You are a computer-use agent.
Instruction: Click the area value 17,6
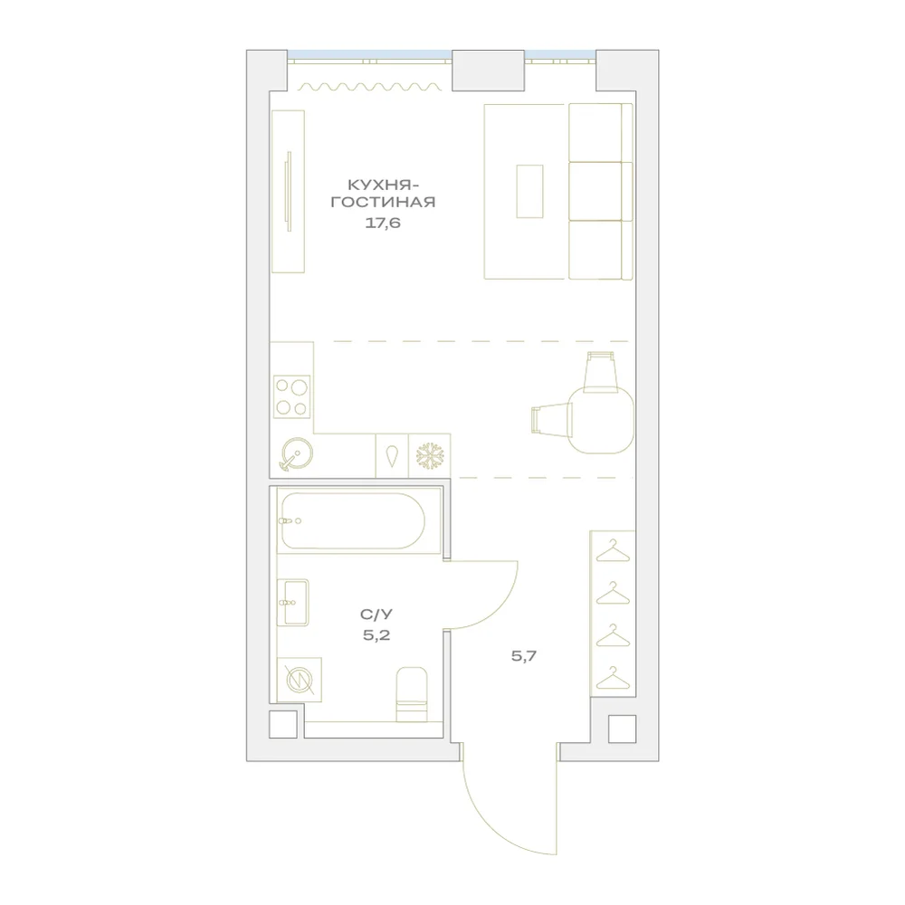point(383,223)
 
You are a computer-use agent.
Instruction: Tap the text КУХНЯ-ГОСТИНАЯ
point(383,194)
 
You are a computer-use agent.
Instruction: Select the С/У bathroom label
point(376,614)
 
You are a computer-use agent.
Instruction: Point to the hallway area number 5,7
point(524,655)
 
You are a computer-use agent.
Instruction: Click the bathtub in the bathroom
point(353,521)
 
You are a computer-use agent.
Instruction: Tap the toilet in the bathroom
point(412,694)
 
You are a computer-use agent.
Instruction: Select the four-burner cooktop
point(291,397)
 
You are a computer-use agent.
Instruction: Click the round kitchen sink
point(297,453)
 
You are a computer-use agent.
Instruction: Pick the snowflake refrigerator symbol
point(430,456)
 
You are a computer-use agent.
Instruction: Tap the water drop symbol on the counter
point(392,456)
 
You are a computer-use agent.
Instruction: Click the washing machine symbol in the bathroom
point(300,680)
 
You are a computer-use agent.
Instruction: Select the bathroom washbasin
point(293,603)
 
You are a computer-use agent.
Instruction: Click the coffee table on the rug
point(529,191)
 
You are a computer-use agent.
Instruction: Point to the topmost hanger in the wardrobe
point(613,550)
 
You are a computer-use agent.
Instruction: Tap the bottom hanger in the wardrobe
point(613,678)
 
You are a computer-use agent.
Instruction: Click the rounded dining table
point(601,420)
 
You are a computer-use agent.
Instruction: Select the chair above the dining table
point(601,372)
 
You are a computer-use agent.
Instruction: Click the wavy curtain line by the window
point(370,87)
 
